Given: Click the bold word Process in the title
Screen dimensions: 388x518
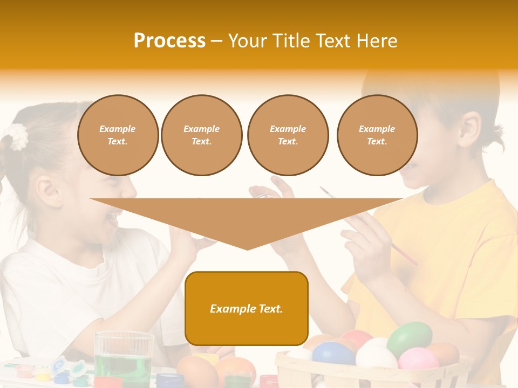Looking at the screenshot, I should pos(169,40).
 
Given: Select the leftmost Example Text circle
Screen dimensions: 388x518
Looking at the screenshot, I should pos(118,135).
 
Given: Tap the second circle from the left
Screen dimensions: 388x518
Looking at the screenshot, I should pos(202,135).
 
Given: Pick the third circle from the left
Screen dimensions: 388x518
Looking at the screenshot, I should pos(288,135).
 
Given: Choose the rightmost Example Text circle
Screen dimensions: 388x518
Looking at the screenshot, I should pos(377,135).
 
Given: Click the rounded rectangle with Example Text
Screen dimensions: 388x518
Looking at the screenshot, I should pos(247,308).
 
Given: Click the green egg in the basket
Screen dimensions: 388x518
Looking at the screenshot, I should pos(410,338).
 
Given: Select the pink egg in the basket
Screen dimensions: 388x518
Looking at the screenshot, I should pos(419,358).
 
